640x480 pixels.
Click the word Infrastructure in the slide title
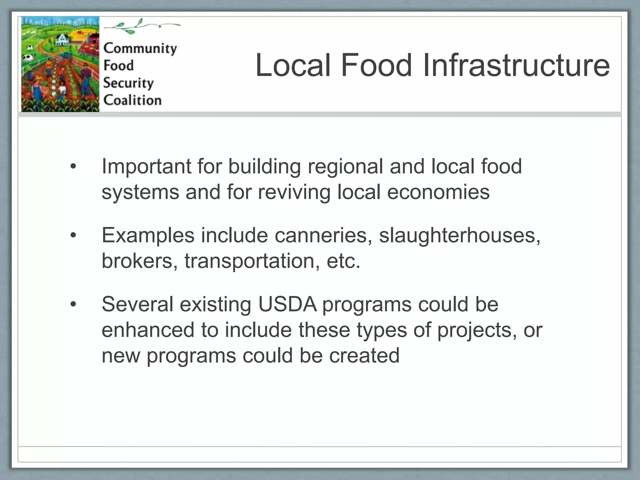(x=516, y=65)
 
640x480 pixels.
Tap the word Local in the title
(x=293, y=65)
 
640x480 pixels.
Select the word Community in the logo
(x=140, y=48)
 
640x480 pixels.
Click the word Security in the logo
(x=128, y=83)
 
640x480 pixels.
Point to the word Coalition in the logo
(x=132, y=100)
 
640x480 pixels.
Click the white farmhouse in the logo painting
(x=62, y=40)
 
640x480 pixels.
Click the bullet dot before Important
(x=73, y=167)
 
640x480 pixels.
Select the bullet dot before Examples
(x=73, y=235)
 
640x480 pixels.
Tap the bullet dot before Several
(x=73, y=304)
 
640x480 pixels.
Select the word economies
(x=438, y=192)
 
